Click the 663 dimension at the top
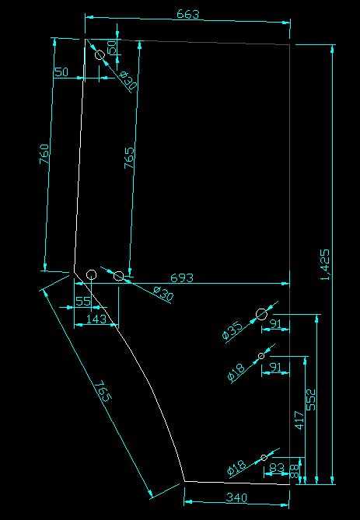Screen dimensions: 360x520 tap(188, 14)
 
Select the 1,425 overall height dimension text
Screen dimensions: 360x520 tap(325, 264)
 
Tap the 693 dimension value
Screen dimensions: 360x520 tap(181, 277)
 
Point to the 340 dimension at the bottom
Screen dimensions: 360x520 tap(236, 497)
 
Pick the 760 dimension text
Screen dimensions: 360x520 tap(45, 154)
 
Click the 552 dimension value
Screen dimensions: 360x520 tap(311, 400)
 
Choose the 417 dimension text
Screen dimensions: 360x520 tap(299, 421)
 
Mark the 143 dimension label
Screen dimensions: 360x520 tap(96, 319)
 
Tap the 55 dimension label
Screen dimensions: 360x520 tap(83, 301)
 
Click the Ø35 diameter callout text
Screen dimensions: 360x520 tap(233, 330)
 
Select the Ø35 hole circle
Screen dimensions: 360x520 tap(261, 314)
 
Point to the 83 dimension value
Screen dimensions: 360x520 tap(276, 468)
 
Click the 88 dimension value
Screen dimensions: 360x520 tap(295, 470)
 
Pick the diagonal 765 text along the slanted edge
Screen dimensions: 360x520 tap(103, 391)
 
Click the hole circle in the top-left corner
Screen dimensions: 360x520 tap(100, 54)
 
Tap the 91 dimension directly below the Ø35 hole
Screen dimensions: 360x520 tap(276, 323)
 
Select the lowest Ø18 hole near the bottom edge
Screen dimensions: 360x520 tap(264, 458)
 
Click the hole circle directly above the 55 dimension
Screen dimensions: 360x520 tap(91, 274)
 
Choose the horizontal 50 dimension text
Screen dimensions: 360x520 tap(61, 72)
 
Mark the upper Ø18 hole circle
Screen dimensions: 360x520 tap(261, 356)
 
